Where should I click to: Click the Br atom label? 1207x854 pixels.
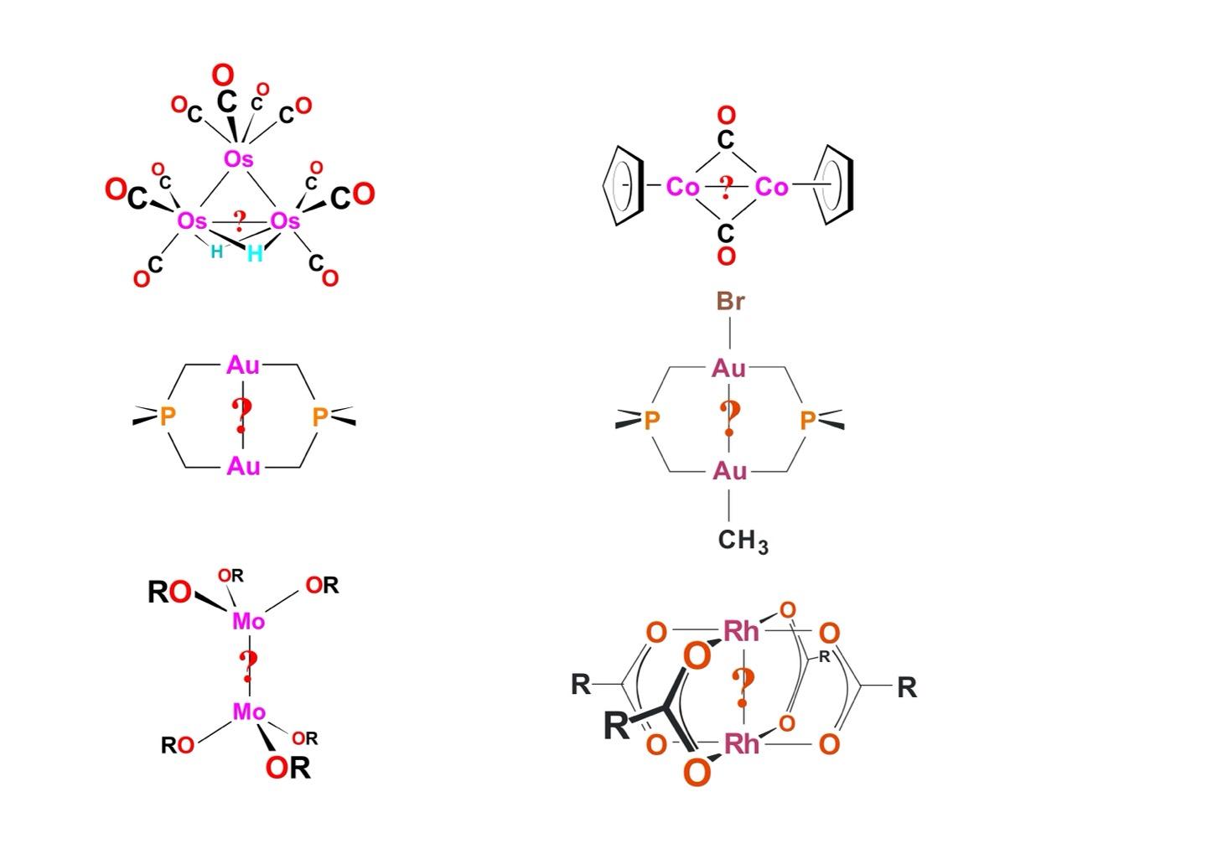pyautogui.click(x=730, y=302)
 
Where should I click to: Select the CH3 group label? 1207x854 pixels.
pyautogui.click(x=743, y=541)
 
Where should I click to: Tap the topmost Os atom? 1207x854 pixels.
pyautogui.click(x=239, y=158)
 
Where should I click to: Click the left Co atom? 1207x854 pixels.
pyautogui.click(x=682, y=187)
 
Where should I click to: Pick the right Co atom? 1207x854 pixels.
pyautogui.click(x=771, y=187)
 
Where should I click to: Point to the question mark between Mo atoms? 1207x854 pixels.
pyautogui.click(x=248, y=666)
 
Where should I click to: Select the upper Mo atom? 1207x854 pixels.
pyautogui.click(x=249, y=621)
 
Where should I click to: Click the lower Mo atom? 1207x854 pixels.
pyautogui.click(x=249, y=712)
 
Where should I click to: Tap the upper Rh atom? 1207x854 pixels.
pyautogui.click(x=741, y=631)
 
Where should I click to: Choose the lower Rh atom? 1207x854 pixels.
pyautogui.click(x=741, y=743)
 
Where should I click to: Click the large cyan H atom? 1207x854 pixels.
pyautogui.click(x=255, y=253)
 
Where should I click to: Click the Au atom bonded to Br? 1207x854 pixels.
pyautogui.click(x=729, y=369)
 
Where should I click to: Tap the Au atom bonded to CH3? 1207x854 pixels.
pyautogui.click(x=729, y=471)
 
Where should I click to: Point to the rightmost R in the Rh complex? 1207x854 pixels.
pyautogui.click(x=907, y=688)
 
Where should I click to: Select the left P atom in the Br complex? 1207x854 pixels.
pyautogui.click(x=651, y=421)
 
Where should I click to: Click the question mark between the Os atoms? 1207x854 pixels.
pyautogui.click(x=240, y=221)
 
